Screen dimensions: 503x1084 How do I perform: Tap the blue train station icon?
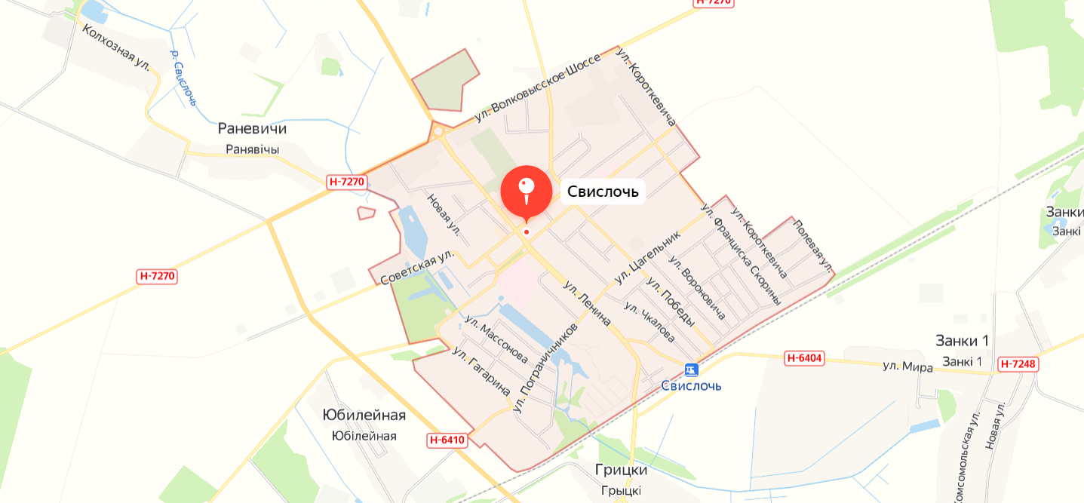pos(691,370)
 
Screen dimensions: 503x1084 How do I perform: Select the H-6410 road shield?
pos(447,440)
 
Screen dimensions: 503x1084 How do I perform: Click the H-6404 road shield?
pos(803,358)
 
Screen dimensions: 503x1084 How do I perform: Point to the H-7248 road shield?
pos(1019,364)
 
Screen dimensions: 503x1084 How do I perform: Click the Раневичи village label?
pos(252,129)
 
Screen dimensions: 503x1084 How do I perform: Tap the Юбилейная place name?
pos(364,416)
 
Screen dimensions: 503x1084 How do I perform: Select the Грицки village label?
pos(621,470)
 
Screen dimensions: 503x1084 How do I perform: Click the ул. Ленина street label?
pos(586,303)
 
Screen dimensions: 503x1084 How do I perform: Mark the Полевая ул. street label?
pos(812,245)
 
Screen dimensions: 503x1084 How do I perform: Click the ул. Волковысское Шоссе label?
pos(538,89)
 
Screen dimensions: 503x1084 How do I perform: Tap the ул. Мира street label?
pos(907,367)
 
